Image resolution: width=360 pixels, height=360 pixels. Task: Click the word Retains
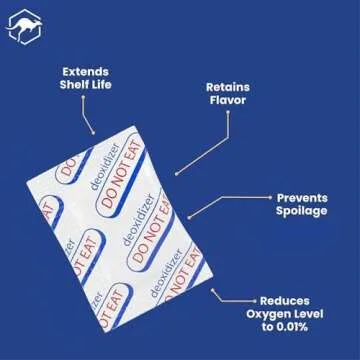point(227,86)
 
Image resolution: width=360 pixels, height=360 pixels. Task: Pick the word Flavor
point(227,100)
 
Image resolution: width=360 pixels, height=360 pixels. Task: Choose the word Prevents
point(301,198)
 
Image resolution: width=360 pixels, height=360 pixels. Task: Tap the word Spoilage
point(301,212)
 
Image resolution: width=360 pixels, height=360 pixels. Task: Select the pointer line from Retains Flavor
point(200,145)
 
